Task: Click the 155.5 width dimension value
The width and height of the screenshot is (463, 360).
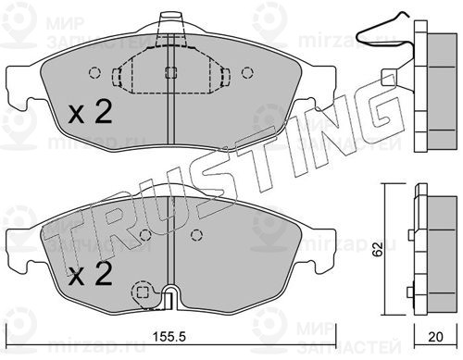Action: click(169, 336)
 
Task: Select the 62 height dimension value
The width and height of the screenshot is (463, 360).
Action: click(377, 249)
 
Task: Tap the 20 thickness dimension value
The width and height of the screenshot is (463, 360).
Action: click(435, 337)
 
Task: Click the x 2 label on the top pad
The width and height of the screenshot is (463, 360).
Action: click(90, 113)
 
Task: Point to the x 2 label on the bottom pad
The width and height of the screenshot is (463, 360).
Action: click(90, 274)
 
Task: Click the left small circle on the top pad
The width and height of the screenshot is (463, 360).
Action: click(94, 73)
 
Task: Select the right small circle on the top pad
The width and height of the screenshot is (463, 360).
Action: click(247, 73)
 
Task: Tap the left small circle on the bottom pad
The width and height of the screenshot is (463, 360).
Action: click(145, 235)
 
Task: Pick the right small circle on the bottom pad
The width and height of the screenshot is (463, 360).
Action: click(196, 235)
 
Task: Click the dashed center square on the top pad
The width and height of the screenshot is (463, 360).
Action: click(170, 73)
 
